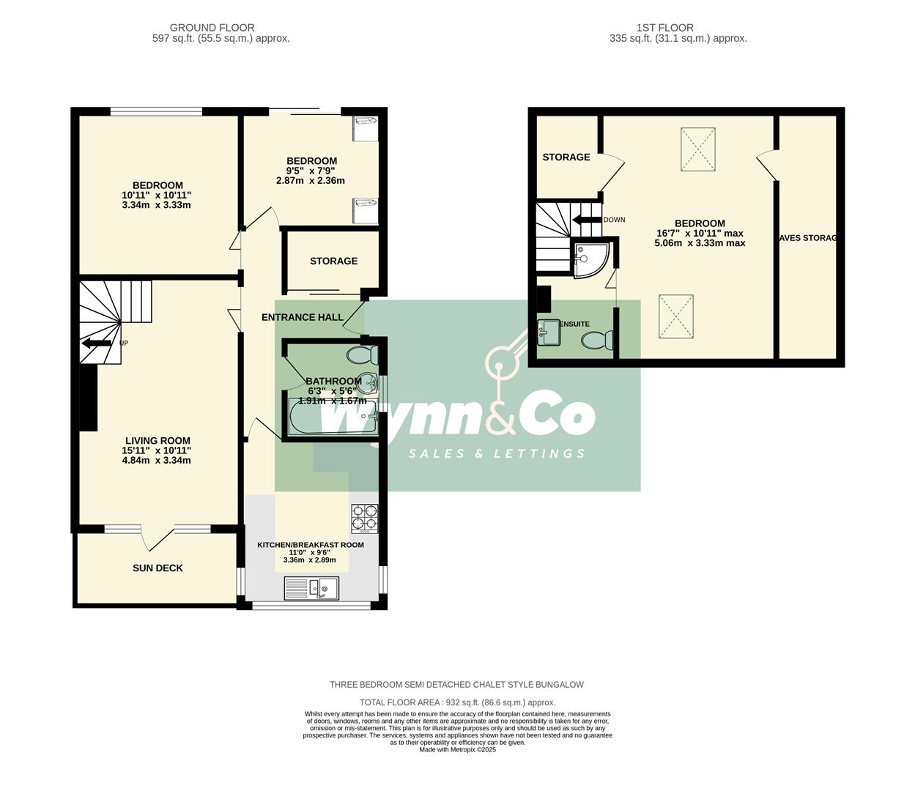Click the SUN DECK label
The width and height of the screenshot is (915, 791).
158,568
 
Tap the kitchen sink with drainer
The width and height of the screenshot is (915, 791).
311,588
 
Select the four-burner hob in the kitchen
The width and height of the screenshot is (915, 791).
364,518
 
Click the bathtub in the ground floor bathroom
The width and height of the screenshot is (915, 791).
331,418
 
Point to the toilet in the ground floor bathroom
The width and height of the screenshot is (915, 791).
363,356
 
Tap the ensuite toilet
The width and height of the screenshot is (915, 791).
598,341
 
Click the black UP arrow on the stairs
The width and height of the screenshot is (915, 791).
96,343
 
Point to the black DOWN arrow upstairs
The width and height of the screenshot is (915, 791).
587,220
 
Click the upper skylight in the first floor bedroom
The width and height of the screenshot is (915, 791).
697,149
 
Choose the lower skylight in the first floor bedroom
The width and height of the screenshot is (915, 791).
675,316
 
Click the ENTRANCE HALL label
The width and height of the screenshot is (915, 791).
303,317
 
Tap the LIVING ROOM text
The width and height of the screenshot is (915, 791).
158,441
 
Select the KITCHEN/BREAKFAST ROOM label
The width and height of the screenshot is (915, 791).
310,545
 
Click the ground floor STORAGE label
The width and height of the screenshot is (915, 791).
333,261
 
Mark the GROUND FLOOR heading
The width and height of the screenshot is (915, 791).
202,28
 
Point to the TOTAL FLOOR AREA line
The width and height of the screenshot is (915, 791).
457,702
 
